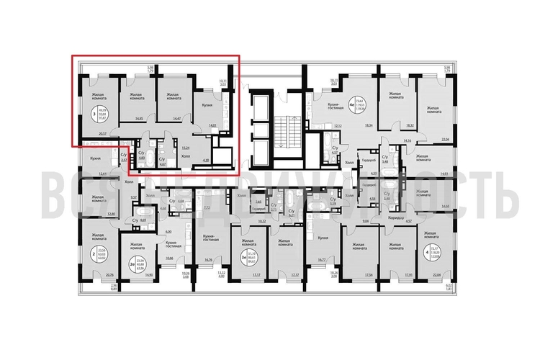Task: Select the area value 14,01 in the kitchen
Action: [x=212, y=125]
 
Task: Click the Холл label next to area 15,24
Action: [x=185, y=155]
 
